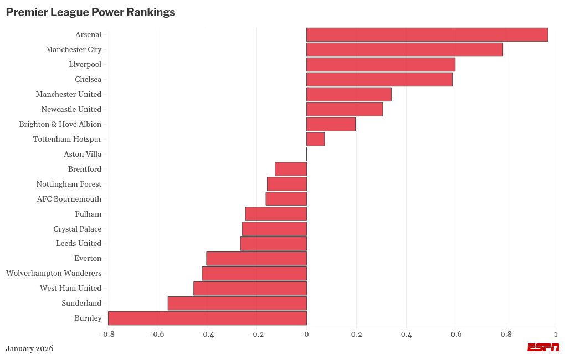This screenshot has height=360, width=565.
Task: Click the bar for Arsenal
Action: click(427, 34)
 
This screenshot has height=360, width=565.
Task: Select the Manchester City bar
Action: click(404, 49)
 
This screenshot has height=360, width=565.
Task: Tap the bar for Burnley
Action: click(207, 318)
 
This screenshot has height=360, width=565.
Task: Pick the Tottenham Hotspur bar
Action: click(315, 139)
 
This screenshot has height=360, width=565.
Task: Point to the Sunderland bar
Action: click(237, 303)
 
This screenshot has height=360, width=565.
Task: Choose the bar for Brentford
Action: click(291, 169)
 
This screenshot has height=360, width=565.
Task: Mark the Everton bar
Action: click(256, 258)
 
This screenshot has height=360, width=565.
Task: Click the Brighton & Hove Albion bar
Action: click(331, 124)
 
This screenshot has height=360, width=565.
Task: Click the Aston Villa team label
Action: click(83, 154)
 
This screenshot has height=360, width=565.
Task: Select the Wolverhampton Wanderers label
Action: click(54, 273)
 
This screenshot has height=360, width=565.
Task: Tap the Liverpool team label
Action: click(85, 64)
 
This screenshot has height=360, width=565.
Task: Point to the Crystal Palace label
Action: click(78, 229)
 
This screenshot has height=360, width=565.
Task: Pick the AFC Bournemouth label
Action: click(69, 199)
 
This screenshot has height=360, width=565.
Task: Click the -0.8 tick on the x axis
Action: click(107, 335)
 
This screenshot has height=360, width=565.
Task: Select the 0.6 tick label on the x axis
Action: click(456, 335)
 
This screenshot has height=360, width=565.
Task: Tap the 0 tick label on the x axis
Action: click(306, 335)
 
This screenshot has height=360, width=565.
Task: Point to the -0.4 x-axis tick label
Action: click(207, 335)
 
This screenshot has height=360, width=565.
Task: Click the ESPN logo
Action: click(543, 347)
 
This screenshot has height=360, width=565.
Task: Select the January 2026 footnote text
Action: click(29, 348)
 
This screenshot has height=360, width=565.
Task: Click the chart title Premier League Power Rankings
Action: click(90, 12)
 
